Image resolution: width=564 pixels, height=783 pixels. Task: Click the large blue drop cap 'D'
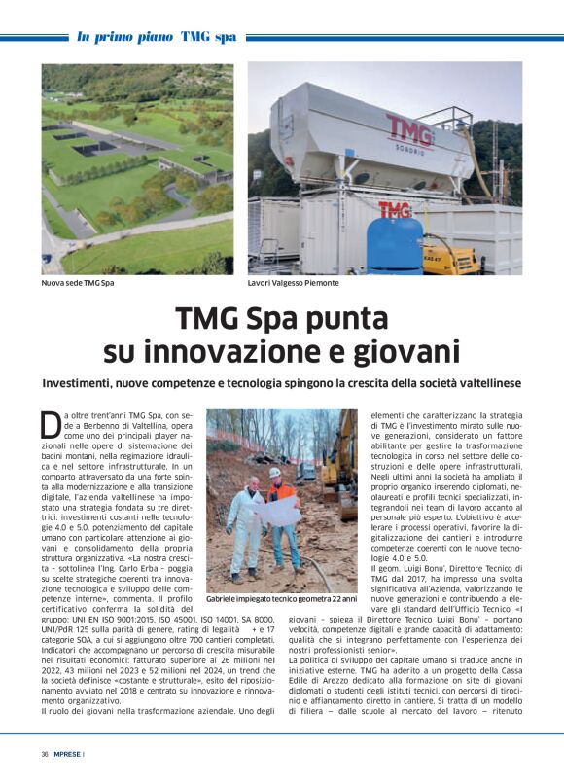(x=51, y=424)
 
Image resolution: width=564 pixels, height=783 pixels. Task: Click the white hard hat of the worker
(x=275, y=471)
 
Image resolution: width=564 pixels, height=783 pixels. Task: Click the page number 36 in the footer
(x=45, y=754)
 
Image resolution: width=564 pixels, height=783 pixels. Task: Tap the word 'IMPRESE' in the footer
(x=67, y=754)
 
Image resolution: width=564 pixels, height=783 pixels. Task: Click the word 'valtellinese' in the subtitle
(x=486, y=384)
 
